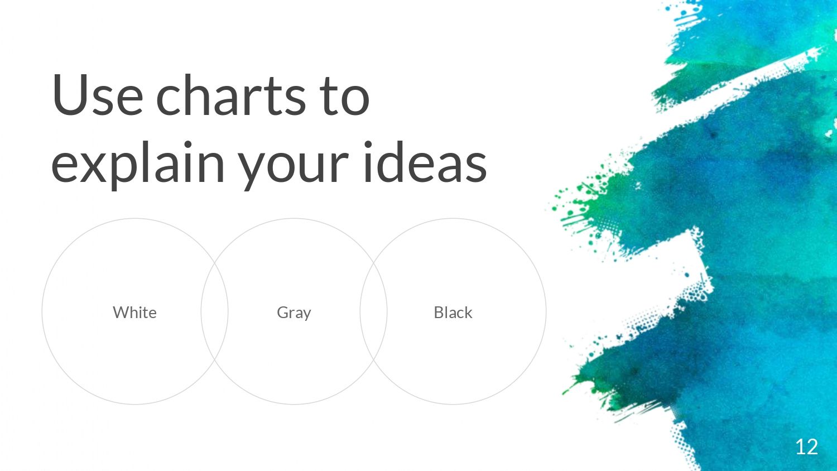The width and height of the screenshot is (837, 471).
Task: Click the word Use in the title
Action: (x=98, y=95)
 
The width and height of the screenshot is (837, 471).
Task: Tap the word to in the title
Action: (x=344, y=97)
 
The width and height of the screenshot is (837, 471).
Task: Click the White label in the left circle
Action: (x=134, y=312)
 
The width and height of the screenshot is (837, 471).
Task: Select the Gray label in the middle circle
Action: (x=294, y=313)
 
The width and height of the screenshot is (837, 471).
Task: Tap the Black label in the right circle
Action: (x=453, y=312)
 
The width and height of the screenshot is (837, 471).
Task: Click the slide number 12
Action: (x=807, y=446)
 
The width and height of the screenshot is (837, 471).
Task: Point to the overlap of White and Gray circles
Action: (x=214, y=311)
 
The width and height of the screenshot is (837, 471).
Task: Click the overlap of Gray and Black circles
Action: (x=374, y=311)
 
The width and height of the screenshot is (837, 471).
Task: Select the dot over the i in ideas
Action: (x=368, y=145)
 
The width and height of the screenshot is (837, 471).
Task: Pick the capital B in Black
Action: (x=439, y=313)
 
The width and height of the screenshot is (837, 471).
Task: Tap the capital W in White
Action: (x=121, y=313)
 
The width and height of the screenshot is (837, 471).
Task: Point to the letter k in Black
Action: (x=468, y=312)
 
